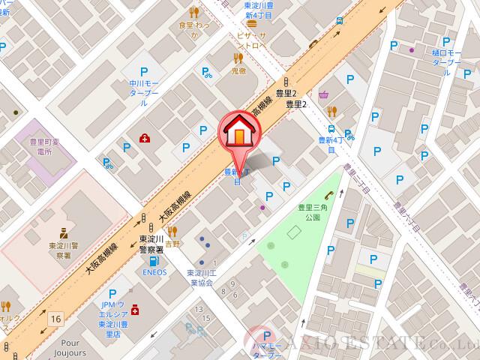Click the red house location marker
point(238,133)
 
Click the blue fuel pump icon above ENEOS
point(154,262)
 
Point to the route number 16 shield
point(55,319)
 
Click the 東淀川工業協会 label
point(200,278)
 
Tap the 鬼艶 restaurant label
point(238,70)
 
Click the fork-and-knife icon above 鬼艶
point(238,57)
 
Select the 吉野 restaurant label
point(173,243)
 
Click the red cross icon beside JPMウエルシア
point(135,309)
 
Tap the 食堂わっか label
point(193,29)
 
